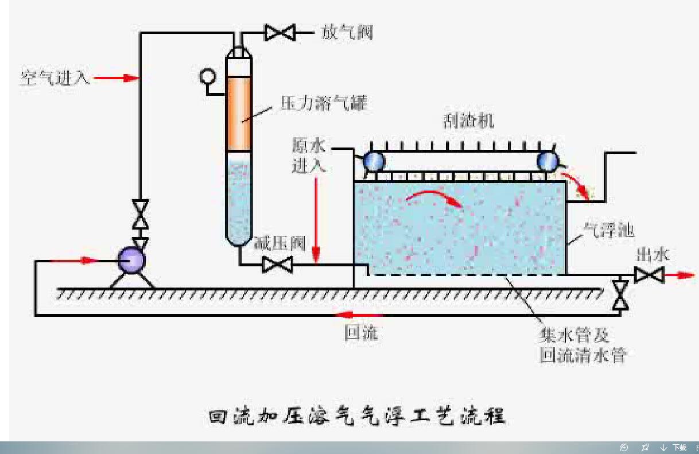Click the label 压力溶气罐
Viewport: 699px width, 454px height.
point(323,103)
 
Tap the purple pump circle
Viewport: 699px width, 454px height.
point(131,261)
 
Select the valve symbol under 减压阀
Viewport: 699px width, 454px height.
point(277,265)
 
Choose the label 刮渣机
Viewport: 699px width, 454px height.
point(468,121)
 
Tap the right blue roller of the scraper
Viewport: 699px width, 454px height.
point(548,161)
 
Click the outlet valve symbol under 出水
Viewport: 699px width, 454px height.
point(649,275)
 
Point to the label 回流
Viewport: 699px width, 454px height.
point(361,333)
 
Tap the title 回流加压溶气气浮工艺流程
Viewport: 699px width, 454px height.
point(356,416)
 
